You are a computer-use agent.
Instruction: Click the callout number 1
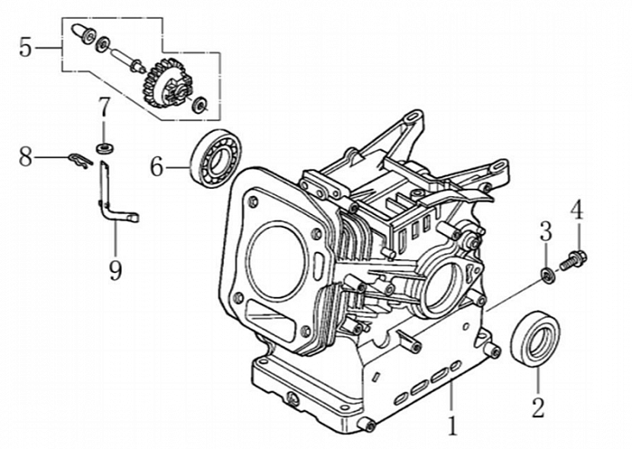452,420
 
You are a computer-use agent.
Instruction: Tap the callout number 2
538,407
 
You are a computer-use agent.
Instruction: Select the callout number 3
545,230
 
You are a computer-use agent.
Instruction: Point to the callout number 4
576,210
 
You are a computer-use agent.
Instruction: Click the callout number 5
25,47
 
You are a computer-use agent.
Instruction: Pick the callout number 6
156,166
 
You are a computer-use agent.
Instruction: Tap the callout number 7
104,107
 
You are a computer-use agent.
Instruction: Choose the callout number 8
25,157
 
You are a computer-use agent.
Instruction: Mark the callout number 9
116,268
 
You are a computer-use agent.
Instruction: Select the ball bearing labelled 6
213,157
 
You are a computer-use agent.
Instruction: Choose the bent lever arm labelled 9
114,200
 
